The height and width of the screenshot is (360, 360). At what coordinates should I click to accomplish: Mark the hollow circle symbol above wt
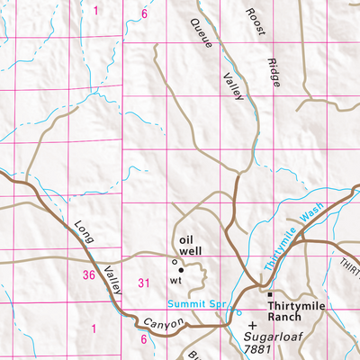174,263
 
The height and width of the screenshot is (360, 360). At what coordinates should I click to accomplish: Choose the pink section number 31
142,284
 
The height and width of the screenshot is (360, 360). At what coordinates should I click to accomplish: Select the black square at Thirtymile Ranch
268,293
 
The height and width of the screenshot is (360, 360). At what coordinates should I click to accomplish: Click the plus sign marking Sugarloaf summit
253,325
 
